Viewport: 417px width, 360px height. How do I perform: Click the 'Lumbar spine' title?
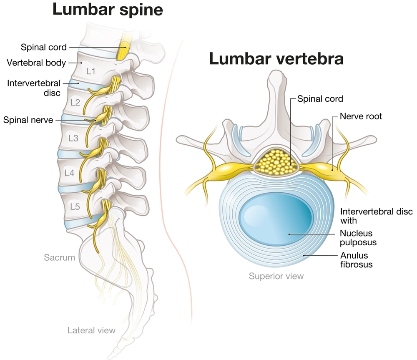[x=107, y=9]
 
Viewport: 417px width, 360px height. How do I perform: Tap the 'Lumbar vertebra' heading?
[x=276, y=59]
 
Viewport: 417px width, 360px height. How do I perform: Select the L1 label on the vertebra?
[x=90, y=71]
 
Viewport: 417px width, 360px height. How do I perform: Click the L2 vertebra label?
[x=75, y=102]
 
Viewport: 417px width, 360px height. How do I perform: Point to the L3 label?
[x=73, y=138]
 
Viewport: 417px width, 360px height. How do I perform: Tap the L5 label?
[x=75, y=206]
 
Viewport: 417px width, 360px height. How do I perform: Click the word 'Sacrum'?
[x=60, y=257]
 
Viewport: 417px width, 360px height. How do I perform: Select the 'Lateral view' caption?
[x=91, y=330]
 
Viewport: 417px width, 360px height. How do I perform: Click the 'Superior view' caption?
[x=276, y=276]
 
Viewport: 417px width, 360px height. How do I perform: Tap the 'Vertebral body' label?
[x=37, y=63]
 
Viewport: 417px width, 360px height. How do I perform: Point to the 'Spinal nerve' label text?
[x=28, y=120]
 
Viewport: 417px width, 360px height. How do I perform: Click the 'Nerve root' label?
[x=361, y=116]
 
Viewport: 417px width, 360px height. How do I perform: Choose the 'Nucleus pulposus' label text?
[x=356, y=238]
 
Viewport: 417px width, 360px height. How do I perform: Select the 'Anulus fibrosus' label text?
[x=356, y=259]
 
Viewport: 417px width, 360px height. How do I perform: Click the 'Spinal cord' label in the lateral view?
[x=43, y=47]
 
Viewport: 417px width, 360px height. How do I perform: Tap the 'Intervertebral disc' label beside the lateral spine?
[x=34, y=88]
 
